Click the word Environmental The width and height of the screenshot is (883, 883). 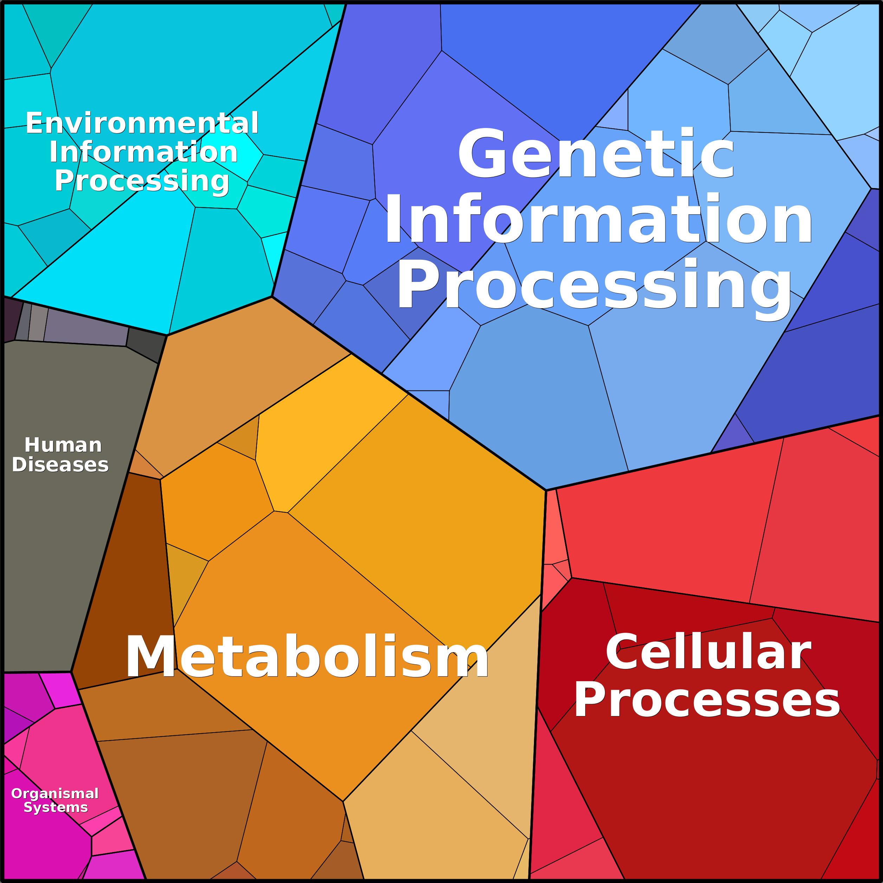(142, 123)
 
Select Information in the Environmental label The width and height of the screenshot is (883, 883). (143, 152)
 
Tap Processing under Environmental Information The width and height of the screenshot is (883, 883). (142, 181)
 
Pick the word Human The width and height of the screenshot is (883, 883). (63, 445)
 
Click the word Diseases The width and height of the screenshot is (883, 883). (60, 465)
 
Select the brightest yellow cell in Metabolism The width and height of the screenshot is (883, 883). (329, 434)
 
